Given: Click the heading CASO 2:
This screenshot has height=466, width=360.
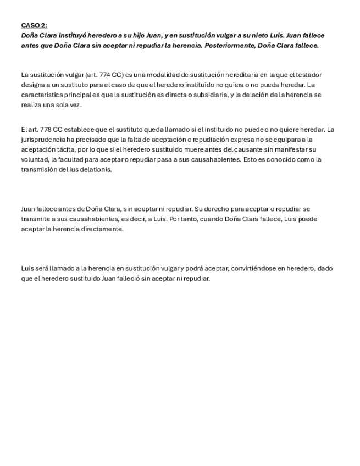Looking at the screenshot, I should [x=34, y=25].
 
